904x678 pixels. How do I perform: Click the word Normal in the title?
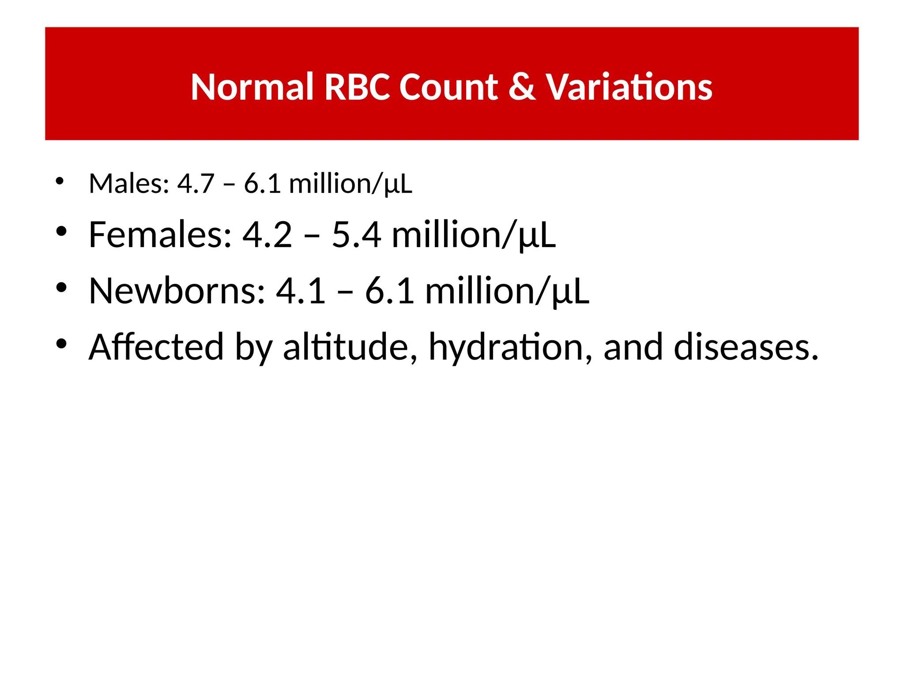[252, 87]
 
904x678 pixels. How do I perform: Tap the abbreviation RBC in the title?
[357, 87]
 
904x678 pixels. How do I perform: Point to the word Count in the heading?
[448, 87]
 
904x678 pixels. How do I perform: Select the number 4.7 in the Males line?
[196, 184]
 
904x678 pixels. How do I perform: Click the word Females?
[160, 235]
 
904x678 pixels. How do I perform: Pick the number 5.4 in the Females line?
[356, 235]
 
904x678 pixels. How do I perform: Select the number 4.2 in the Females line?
[267, 235]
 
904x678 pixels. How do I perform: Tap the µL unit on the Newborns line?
[570, 292]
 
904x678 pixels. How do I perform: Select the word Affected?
[156, 347]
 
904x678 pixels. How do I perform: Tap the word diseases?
[746, 347]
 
